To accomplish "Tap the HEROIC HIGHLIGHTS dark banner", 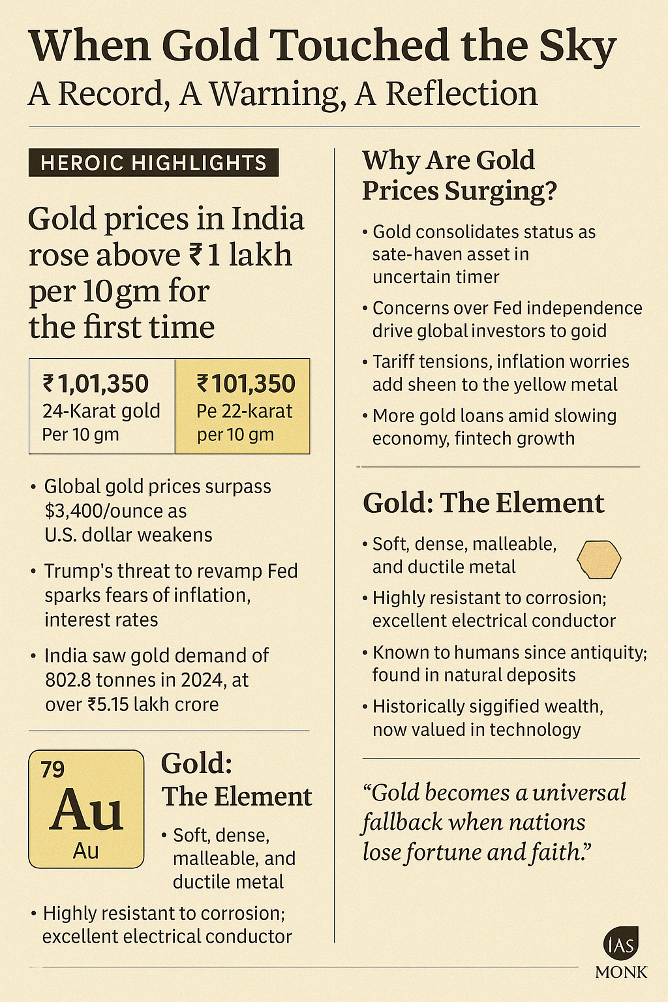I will point(154,162).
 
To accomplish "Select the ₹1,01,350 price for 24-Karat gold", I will point(96,384).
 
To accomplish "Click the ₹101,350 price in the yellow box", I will point(246,384).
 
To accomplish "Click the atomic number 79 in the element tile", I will point(53,770).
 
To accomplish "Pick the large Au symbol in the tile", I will point(86,810).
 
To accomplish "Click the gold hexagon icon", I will point(600,560).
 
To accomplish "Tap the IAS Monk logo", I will point(620,952).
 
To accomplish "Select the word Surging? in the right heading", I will point(501,190).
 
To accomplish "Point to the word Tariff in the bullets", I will point(395,361).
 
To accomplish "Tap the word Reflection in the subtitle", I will point(462,94).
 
